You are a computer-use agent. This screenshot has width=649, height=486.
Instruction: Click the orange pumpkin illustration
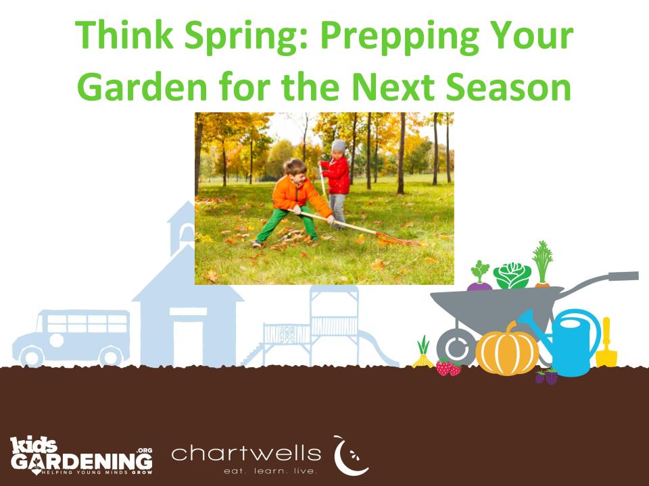click(x=506, y=349)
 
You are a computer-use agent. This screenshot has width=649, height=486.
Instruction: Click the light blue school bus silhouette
click(x=72, y=337)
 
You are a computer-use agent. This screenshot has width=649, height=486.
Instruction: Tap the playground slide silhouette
click(x=379, y=348)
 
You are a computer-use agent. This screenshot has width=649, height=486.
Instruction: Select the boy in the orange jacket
click(x=295, y=203)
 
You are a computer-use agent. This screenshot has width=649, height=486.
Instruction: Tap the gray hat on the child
click(x=339, y=146)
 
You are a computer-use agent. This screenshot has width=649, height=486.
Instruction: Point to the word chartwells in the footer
click(x=246, y=454)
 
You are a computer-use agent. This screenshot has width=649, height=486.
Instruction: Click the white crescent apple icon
click(x=350, y=456)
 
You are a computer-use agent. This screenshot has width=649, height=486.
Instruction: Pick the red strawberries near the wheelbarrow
click(x=448, y=367)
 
